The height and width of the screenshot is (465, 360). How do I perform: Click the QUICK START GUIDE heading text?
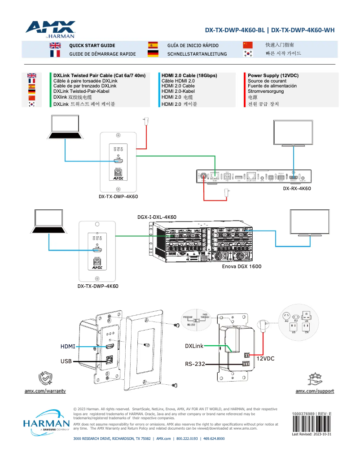click(x=92, y=45)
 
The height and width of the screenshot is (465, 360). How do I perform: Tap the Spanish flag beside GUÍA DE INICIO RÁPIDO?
click(x=153, y=45)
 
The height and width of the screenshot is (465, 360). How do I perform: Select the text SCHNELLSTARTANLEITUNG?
click(x=197, y=54)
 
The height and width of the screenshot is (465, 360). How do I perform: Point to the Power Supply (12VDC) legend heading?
click(x=273, y=75)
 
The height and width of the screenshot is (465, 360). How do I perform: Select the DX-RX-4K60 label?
click(x=297, y=188)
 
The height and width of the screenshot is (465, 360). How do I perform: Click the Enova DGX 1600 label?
click(x=241, y=266)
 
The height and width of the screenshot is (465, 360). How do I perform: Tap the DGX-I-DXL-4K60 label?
click(x=157, y=217)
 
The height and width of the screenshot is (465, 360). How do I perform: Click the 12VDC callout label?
click(x=265, y=359)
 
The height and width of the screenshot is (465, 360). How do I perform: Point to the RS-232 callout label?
click(x=194, y=364)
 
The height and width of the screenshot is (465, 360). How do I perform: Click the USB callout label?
click(x=66, y=361)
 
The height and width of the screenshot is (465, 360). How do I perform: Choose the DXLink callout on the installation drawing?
click(x=194, y=346)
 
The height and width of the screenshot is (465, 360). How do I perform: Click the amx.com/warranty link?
click(x=45, y=391)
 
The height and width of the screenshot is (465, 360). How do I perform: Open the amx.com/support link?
click(x=314, y=391)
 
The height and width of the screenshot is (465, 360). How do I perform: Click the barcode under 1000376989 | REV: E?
click(x=311, y=424)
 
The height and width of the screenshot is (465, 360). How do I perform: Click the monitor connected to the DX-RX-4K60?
click(x=294, y=134)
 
